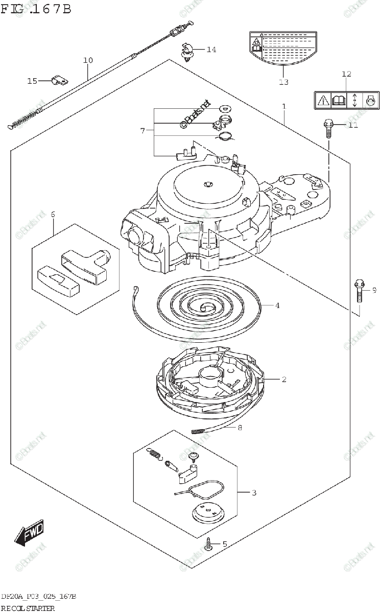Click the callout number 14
(211, 50)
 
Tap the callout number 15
(32, 81)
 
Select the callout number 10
(88, 60)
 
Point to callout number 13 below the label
(283, 82)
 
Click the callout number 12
(346, 74)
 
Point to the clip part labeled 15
(61, 80)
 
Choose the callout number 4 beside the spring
(277, 306)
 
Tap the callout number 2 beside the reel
(283, 379)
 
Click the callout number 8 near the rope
(240, 428)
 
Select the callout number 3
(254, 492)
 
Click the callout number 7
(143, 131)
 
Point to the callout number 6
(52, 214)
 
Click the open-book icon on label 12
(339, 100)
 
